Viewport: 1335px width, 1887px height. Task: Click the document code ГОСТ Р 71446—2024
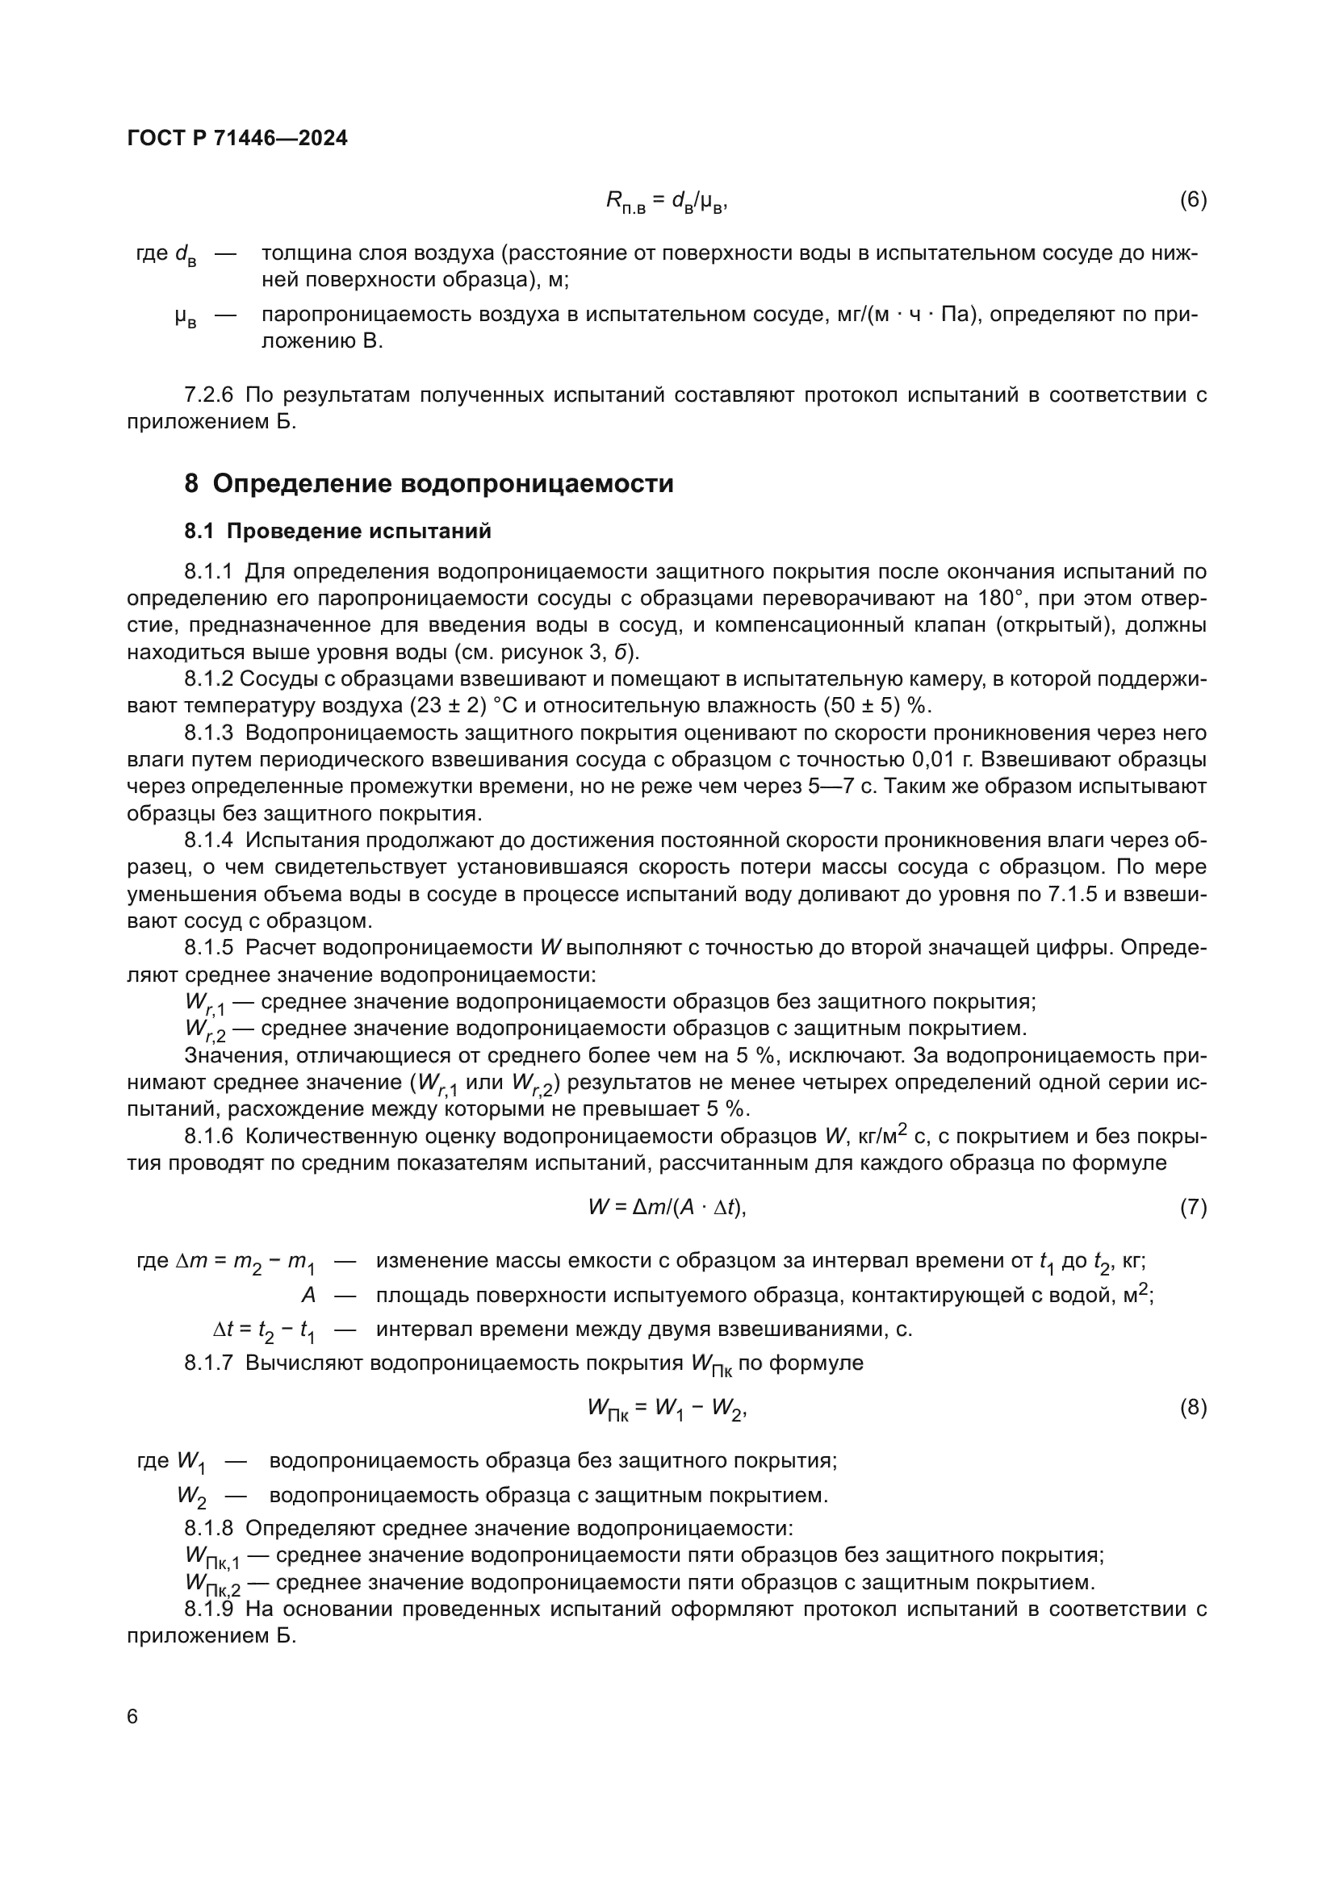coord(237,138)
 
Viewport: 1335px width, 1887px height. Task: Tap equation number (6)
coord(1193,200)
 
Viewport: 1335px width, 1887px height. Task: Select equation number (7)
coord(1193,1208)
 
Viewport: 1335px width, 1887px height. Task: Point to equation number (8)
coord(1193,1408)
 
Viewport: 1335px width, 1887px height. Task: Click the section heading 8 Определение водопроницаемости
coord(429,483)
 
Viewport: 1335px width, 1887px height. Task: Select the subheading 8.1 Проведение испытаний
coord(338,532)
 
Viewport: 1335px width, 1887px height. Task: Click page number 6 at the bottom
coord(133,1717)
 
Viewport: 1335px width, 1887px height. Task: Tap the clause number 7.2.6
coord(209,395)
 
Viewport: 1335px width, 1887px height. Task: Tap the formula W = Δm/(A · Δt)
coord(667,1208)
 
